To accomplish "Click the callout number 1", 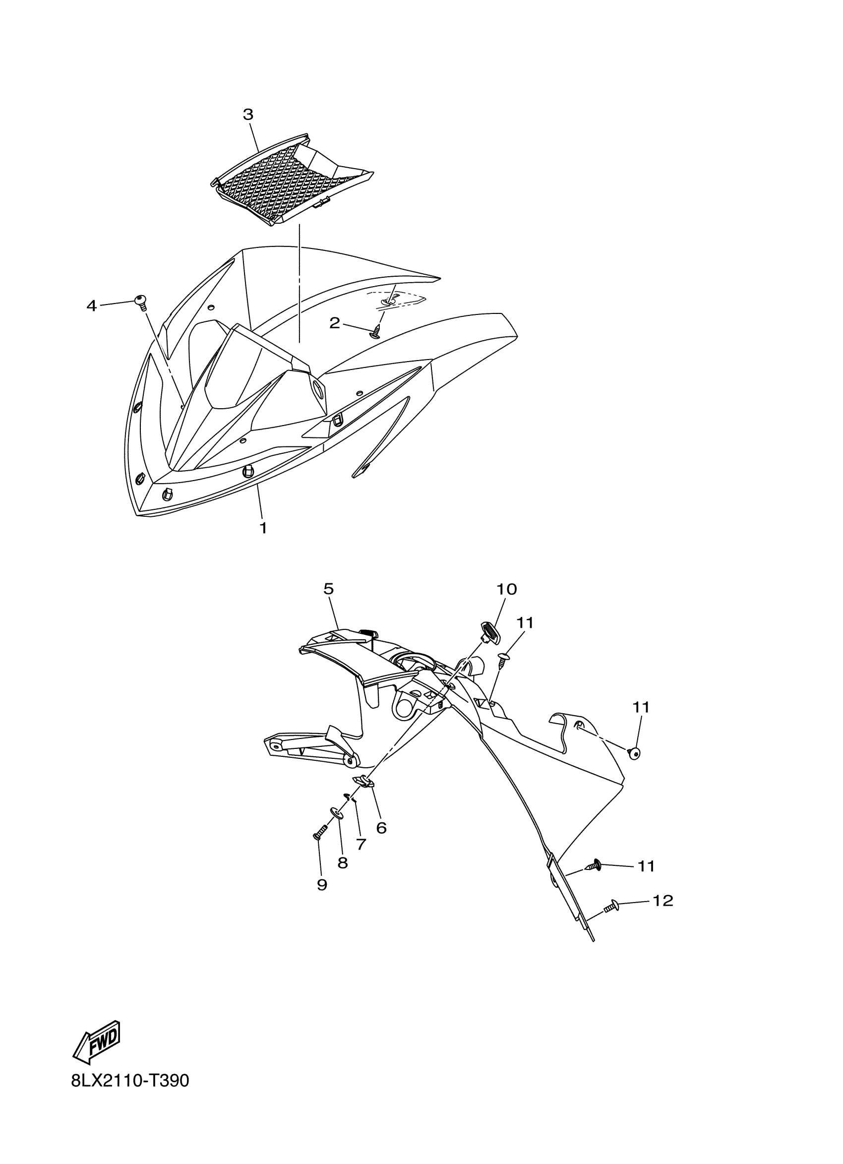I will click(x=263, y=528).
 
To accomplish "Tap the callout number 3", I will click(x=248, y=115).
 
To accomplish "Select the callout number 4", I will click(x=91, y=306).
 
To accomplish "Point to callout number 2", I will click(x=334, y=323).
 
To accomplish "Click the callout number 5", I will click(x=329, y=589).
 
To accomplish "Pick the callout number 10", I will click(x=506, y=589).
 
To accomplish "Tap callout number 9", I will click(x=322, y=885).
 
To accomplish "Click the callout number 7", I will click(x=361, y=844).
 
